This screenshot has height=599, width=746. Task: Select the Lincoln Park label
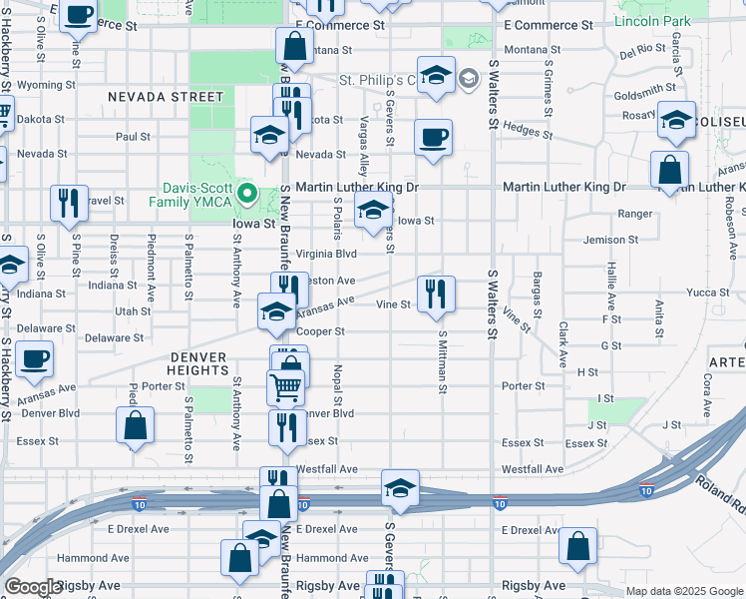click(x=652, y=21)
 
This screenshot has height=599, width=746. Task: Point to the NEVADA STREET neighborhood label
click(x=166, y=97)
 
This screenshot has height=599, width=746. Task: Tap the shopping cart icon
click(x=286, y=385)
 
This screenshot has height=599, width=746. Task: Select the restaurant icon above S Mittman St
click(x=435, y=294)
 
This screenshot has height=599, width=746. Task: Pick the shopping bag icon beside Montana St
click(x=294, y=45)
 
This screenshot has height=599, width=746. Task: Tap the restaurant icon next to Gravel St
click(x=69, y=202)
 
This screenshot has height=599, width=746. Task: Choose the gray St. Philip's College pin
click(x=469, y=80)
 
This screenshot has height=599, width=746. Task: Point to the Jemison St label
click(x=610, y=240)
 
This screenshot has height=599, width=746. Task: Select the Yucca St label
click(x=708, y=293)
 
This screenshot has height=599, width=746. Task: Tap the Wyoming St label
click(x=40, y=85)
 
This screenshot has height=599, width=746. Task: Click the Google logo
click(x=33, y=587)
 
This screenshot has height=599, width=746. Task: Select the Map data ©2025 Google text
click(x=683, y=591)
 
